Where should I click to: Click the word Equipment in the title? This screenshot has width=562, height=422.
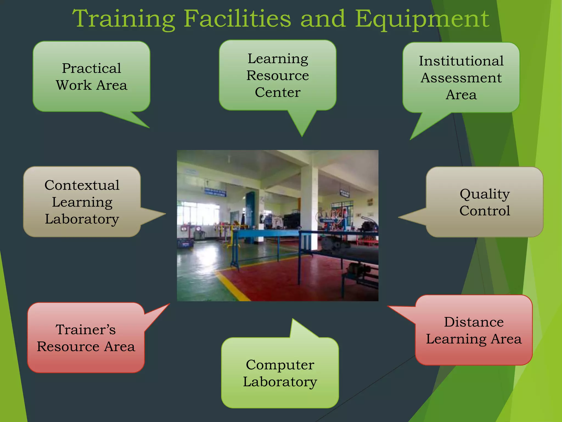coord(422,19)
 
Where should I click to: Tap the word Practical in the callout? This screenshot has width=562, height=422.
coord(91,68)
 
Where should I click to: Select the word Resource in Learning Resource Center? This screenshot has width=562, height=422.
coord(277,75)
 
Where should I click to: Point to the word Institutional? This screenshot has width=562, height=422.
coord(461,61)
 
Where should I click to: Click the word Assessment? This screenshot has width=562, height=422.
coord(461,78)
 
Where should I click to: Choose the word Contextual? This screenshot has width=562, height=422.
coord(82,185)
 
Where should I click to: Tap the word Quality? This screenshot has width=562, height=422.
coord(485,194)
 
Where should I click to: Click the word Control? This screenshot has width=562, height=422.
coord(485,211)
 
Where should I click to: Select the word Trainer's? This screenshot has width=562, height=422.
coord(86,329)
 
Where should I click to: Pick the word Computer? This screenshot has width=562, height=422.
coord(280,365)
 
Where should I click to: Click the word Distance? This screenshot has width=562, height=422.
coord(474,322)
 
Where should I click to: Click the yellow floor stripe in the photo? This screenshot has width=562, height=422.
coord(231,286)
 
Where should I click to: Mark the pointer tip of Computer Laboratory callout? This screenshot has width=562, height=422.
coord(293,320)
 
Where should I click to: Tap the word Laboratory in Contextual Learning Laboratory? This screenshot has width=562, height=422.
coord(82,219)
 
